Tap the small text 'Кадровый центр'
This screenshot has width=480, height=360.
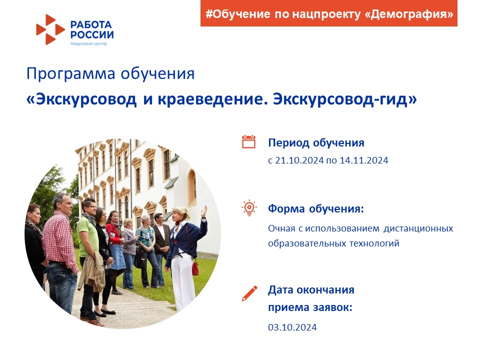[x=89, y=43]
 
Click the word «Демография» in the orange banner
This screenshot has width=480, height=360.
[x=409, y=14]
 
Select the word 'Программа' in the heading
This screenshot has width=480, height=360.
[x=70, y=74]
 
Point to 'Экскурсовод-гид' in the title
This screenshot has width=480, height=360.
[x=345, y=99]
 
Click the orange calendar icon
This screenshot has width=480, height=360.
[x=248, y=141]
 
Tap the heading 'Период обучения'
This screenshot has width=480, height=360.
[x=316, y=143]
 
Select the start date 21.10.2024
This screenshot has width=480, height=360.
[x=299, y=160]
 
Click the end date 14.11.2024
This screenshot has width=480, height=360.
[x=364, y=160]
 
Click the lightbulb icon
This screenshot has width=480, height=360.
[x=249, y=208]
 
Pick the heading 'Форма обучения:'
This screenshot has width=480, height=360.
[x=316, y=209]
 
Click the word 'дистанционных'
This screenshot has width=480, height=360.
[x=418, y=228]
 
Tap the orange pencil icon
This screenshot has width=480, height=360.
[x=249, y=293]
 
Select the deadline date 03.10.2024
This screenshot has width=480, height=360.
[x=292, y=327]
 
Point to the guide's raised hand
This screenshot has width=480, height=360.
[x=203, y=211]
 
